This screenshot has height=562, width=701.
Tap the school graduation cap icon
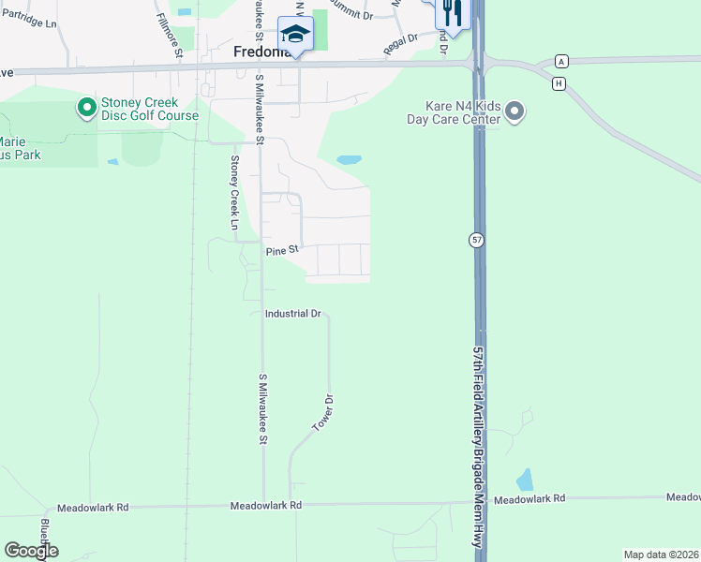[295, 35]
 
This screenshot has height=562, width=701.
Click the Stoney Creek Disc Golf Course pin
[87, 108]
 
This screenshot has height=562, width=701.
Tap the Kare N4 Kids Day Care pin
[514, 113]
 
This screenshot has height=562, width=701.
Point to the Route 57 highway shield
[476, 241]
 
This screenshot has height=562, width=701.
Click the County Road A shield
[561, 61]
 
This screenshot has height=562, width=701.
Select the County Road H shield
[559, 83]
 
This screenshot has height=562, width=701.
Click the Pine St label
[281, 250]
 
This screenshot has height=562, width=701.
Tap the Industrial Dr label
[293, 314]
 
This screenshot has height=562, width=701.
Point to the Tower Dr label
[322, 413]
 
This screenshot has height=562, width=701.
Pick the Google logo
[31, 550]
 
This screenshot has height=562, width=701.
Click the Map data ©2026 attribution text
[660, 555]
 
